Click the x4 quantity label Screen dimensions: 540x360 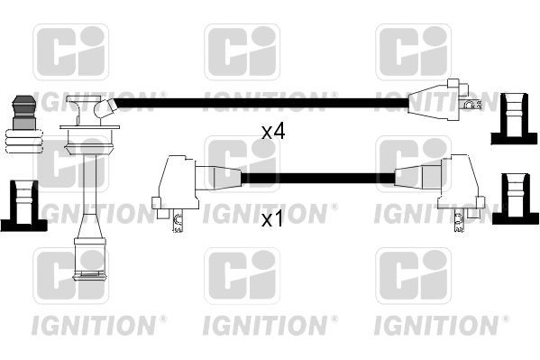tap(273, 132)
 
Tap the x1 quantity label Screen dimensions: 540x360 tap(273, 219)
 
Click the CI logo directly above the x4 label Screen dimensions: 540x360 tap(242, 51)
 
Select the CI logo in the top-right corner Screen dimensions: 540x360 tap(413, 51)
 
